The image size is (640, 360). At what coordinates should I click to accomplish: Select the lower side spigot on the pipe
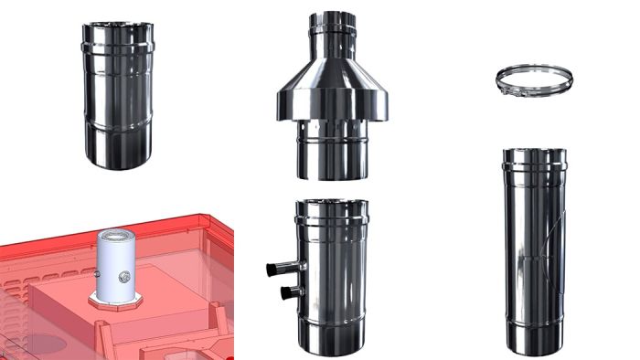pyautogui.click(x=293, y=291)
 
